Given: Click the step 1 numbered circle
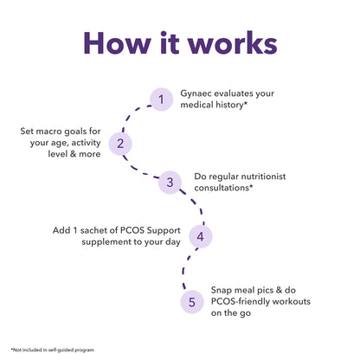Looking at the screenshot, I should (x=160, y=100).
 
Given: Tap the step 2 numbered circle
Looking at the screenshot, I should (x=121, y=144).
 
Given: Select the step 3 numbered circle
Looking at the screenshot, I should (x=170, y=182).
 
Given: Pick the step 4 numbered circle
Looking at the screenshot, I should (x=200, y=235).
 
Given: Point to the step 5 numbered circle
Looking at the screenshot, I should (x=191, y=302).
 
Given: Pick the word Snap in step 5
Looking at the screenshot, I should (x=222, y=292).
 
